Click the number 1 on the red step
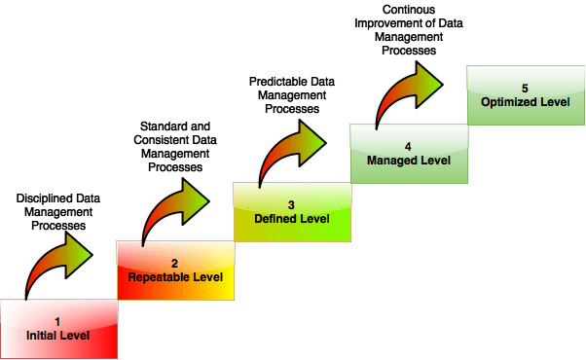coord(57,321)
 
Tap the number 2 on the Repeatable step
coord(174,263)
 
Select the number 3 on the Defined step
coord(291,204)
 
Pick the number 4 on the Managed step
coord(408,146)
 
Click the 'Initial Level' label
coord(58,336)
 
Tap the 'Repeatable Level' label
coord(175,277)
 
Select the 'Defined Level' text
coord(292,219)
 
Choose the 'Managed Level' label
coord(409,160)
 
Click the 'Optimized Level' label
coord(526,101)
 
